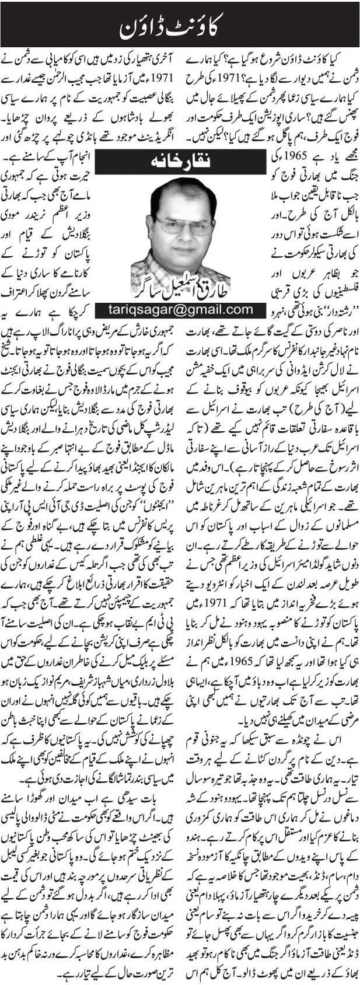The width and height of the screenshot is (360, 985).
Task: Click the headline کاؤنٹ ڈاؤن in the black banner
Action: coord(180,26)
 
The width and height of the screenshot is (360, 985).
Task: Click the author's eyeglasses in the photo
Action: coord(177,225)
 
